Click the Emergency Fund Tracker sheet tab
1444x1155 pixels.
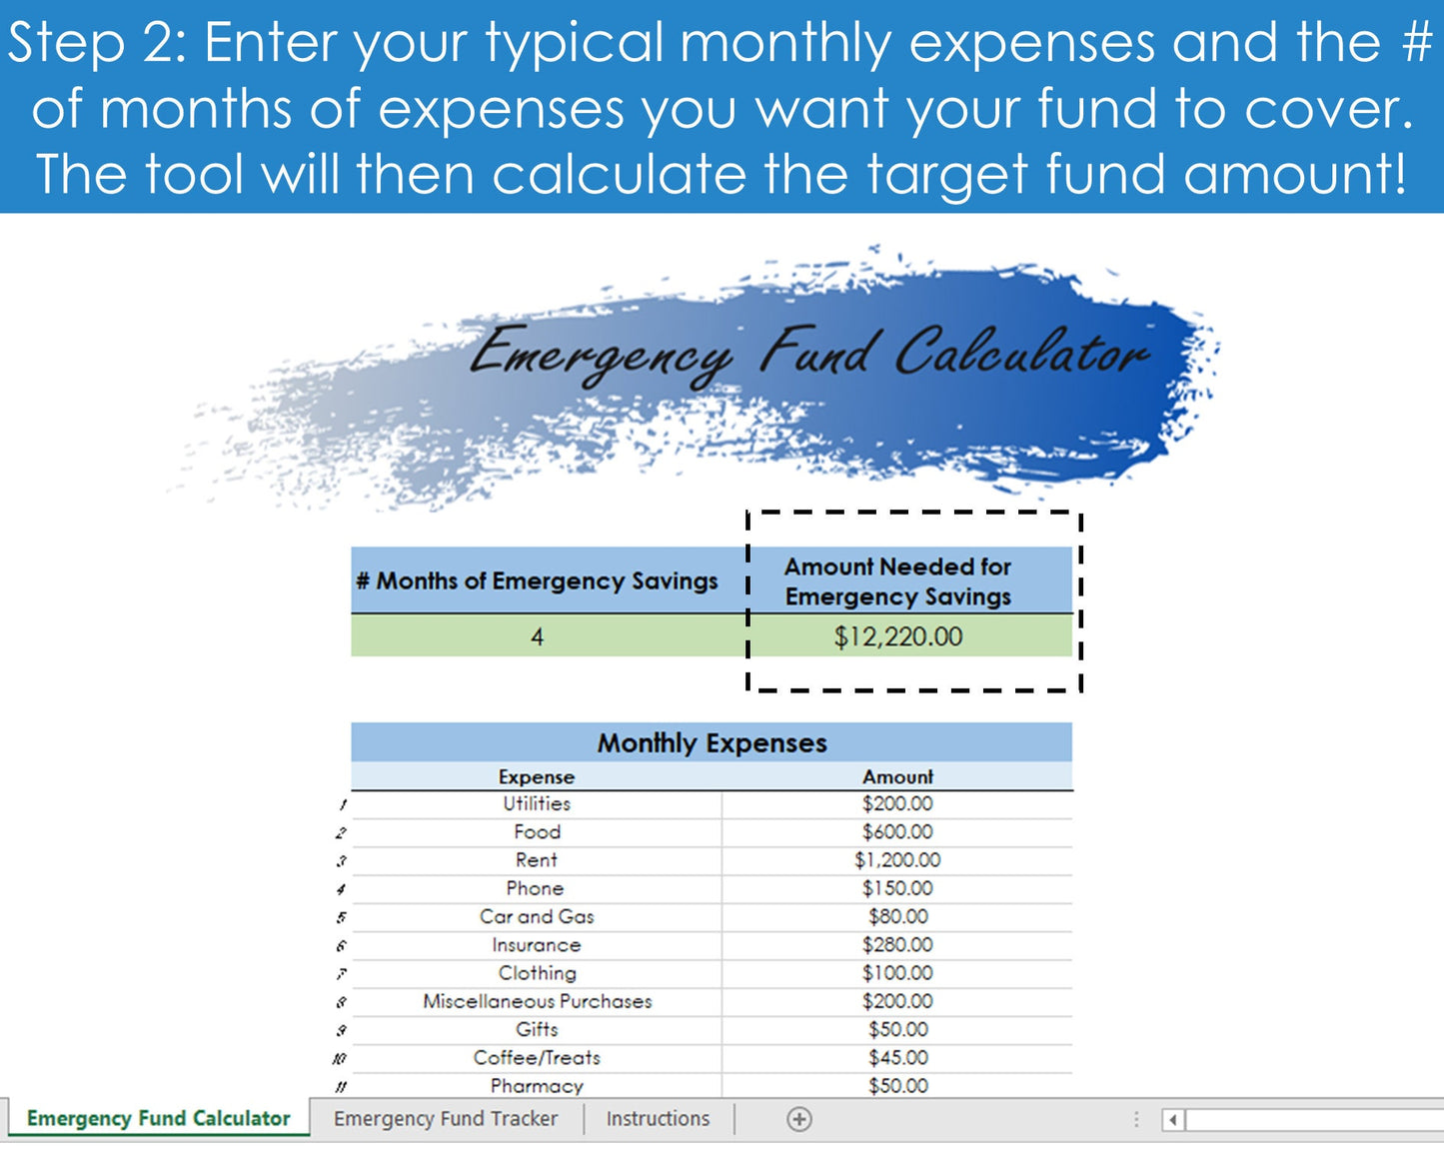coord(445,1119)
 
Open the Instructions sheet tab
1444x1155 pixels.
coord(658,1119)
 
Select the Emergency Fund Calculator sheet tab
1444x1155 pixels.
coord(158,1119)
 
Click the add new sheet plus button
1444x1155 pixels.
coord(798,1119)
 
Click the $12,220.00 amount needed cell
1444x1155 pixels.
coord(898,636)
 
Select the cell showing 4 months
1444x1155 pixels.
coord(538,636)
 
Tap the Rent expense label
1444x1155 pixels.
coord(537,860)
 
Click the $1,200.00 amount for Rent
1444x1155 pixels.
coord(897,860)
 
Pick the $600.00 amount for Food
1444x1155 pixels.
coord(897,832)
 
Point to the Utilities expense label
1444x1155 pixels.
coord(537,803)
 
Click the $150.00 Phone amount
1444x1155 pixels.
coord(897,888)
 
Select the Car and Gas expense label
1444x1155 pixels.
coord(537,916)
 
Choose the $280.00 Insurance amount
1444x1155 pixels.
coord(897,945)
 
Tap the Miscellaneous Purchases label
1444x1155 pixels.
coord(537,1001)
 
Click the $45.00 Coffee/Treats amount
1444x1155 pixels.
coord(897,1057)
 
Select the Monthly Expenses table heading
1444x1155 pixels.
coord(712,743)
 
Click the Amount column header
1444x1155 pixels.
coord(897,777)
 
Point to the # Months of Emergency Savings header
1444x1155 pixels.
coord(537,580)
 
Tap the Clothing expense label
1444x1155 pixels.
coord(537,973)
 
